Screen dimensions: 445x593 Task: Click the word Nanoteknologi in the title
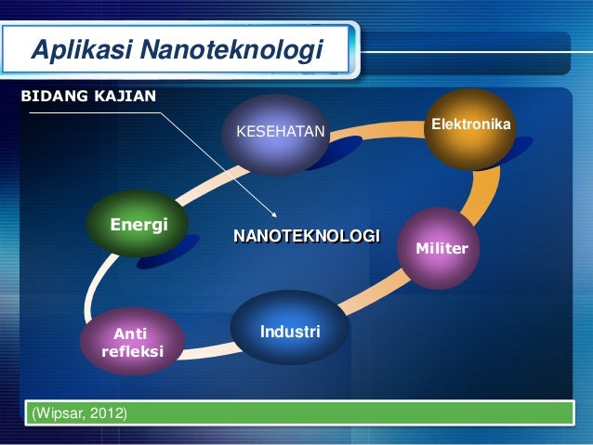(x=229, y=49)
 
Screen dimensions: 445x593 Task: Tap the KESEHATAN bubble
(x=282, y=133)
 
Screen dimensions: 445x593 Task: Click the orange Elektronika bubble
(x=469, y=127)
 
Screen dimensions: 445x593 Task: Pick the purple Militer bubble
(x=442, y=248)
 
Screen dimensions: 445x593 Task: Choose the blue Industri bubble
(x=289, y=330)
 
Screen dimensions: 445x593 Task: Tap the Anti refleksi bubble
(x=131, y=343)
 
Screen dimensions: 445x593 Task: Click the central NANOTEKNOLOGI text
(x=307, y=235)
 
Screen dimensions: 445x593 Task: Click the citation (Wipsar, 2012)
(x=80, y=413)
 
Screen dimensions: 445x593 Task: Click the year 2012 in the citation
(x=108, y=413)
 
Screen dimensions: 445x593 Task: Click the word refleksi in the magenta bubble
(x=132, y=352)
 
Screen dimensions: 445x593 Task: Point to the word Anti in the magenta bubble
(x=130, y=334)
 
